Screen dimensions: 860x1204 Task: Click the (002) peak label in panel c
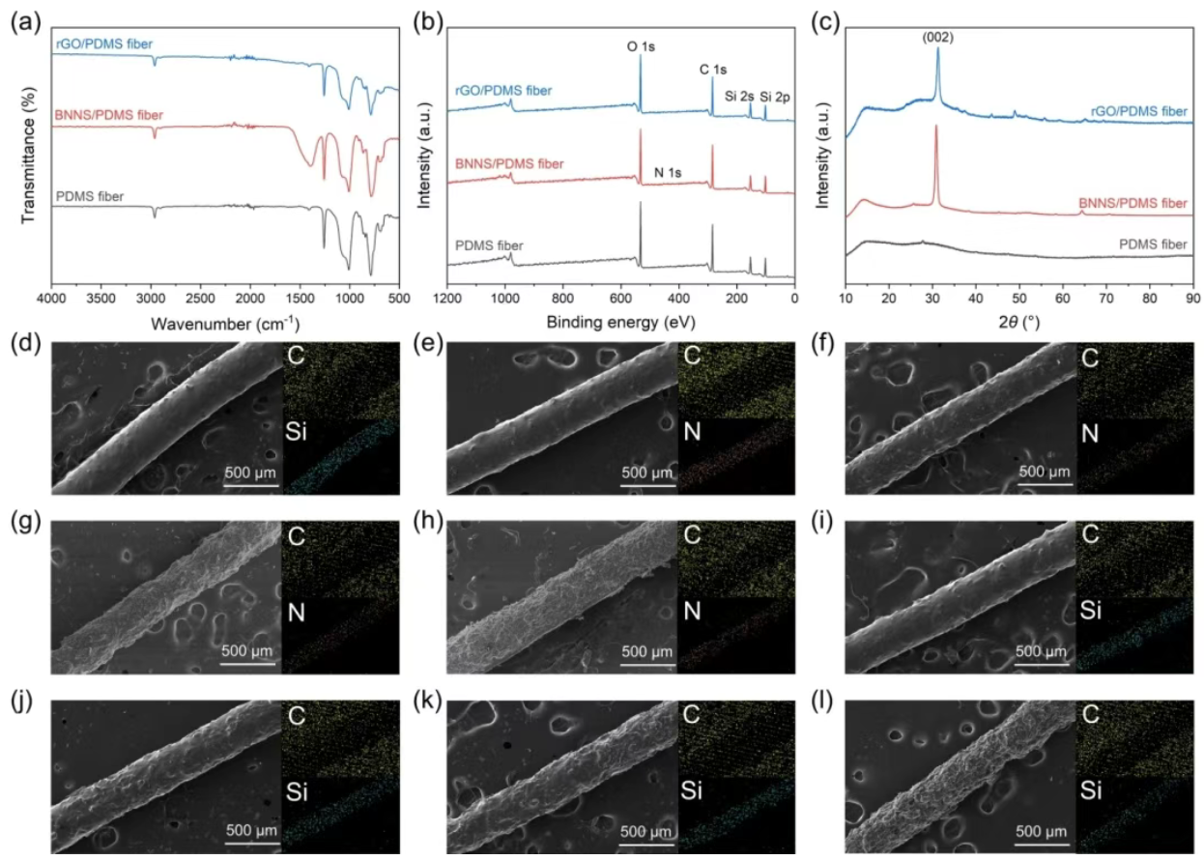[x=937, y=39]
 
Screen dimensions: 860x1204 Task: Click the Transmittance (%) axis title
[x=28, y=155]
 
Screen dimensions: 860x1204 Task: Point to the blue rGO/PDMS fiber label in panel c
[x=1138, y=112]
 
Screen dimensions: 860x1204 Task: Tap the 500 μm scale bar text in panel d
[x=251, y=473]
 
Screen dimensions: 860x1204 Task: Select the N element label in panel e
[x=693, y=434]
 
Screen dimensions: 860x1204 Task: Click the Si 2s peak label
[x=739, y=96]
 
